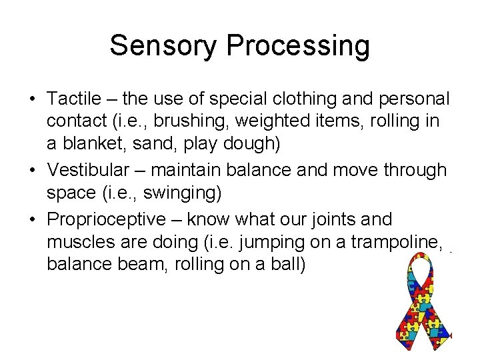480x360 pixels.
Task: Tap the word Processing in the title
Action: click(298, 47)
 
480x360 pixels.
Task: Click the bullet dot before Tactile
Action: click(32, 99)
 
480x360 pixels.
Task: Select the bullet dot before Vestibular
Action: click(32, 171)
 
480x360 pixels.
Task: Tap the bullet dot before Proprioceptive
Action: click(32, 219)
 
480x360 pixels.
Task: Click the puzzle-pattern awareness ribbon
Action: click(420, 307)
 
